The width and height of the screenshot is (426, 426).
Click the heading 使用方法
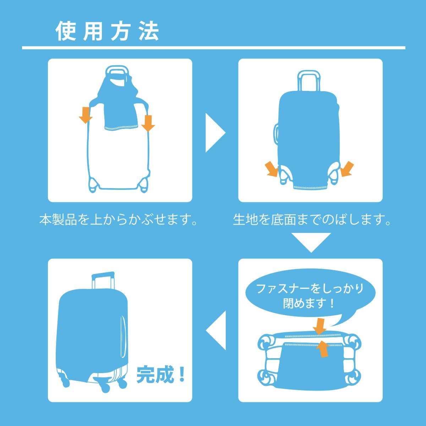click(x=108, y=31)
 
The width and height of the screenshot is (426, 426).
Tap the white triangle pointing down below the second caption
click(x=311, y=242)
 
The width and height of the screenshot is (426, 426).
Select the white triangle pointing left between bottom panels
click(x=216, y=331)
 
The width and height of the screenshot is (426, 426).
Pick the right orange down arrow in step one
click(x=148, y=123)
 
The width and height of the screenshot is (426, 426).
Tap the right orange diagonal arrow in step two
click(x=347, y=169)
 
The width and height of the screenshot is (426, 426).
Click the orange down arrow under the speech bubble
click(x=319, y=326)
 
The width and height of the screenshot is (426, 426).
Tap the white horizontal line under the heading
click(x=214, y=48)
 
